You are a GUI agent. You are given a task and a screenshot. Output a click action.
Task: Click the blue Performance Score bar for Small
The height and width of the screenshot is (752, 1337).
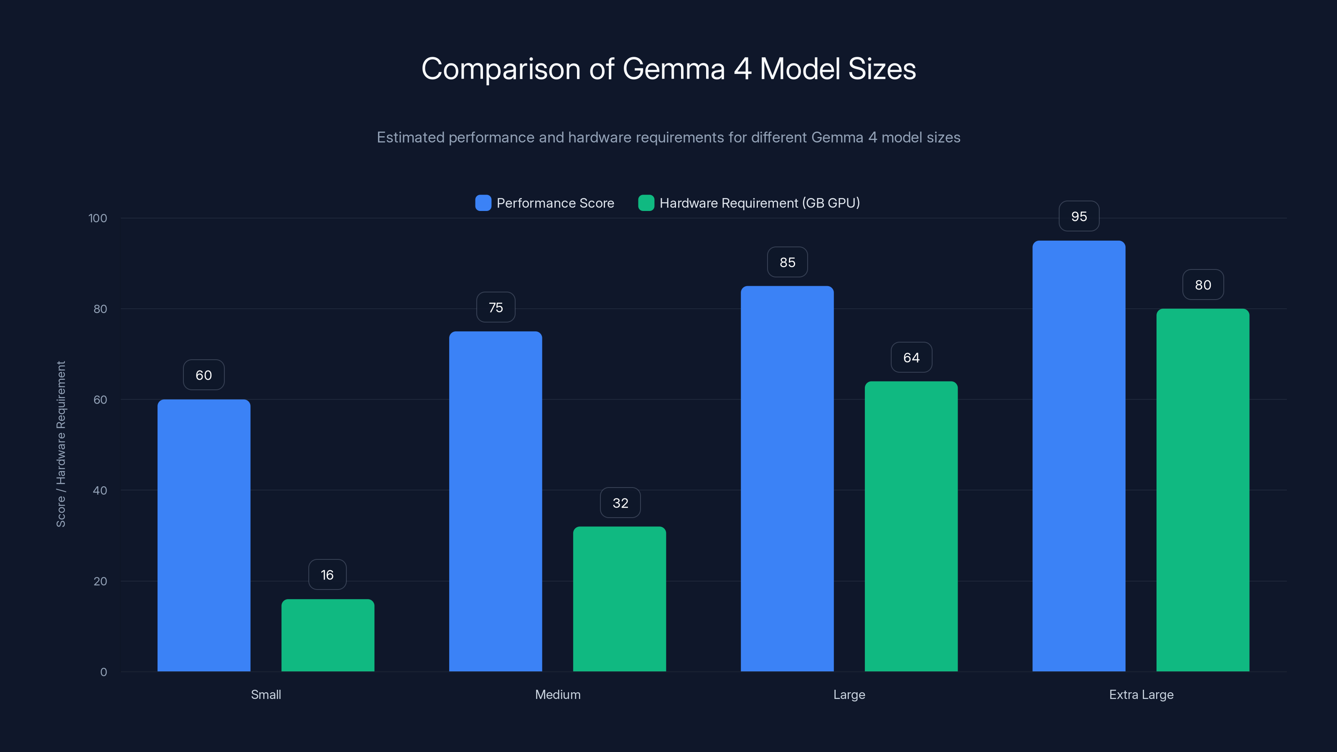click(203, 535)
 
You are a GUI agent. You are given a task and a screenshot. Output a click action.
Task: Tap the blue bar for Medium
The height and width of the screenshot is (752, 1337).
click(495, 501)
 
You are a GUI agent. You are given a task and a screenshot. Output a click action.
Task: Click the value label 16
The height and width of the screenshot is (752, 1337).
click(327, 574)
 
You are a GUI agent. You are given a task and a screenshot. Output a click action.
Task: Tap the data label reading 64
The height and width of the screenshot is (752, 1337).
click(911, 358)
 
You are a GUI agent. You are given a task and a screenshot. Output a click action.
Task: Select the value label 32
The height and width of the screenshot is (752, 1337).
click(620, 503)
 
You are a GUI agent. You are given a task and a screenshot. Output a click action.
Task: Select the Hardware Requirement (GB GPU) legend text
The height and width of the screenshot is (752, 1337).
click(759, 203)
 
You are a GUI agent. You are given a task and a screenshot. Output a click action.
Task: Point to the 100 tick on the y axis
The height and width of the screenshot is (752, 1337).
click(98, 218)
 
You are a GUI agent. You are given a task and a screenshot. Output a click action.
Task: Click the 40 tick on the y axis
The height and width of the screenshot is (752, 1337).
click(100, 490)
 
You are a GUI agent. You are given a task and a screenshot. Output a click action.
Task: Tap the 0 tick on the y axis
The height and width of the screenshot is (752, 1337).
click(103, 672)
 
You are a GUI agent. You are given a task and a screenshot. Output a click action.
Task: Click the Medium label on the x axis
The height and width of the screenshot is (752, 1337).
click(557, 694)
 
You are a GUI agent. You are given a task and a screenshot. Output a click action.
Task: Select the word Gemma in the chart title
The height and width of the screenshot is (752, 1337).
click(673, 69)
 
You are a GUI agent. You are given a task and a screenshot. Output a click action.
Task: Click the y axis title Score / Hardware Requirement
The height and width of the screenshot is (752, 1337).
click(61, 444)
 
